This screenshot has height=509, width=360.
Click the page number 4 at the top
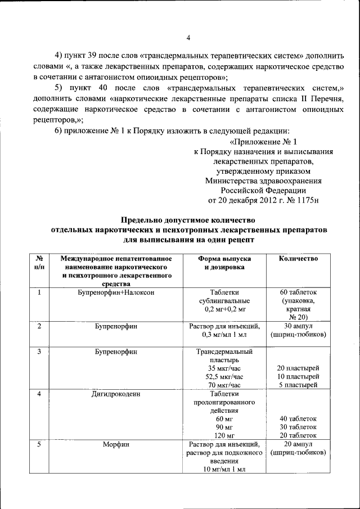188,38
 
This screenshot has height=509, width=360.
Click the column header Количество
298,259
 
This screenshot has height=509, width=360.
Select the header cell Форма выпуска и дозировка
224,263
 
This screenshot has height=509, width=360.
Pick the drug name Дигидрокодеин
116,394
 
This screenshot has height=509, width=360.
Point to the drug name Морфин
116,444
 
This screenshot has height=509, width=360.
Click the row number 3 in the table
39,352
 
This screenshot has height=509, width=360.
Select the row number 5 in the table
39,444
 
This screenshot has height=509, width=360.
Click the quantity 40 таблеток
298,419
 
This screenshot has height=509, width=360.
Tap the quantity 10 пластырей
298,377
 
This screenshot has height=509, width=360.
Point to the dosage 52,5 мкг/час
224,377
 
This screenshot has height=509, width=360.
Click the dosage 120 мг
224,436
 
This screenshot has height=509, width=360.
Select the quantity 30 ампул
298,326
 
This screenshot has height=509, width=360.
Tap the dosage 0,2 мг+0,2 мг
224,310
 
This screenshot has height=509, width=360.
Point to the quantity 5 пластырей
298,385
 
